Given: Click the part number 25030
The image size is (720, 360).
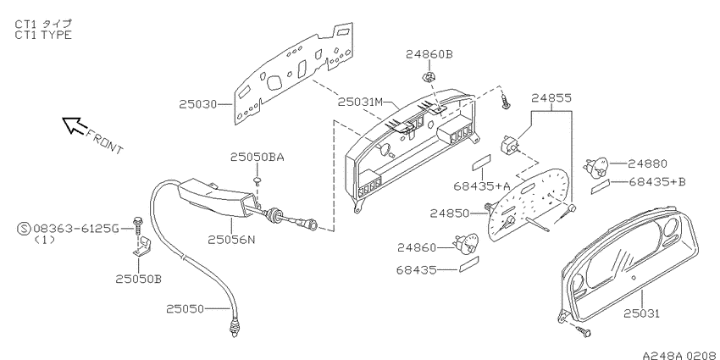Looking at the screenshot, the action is [198, 105].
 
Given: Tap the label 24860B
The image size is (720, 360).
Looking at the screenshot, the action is [429, 55].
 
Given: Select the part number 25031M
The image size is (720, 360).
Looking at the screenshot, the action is [360, 102].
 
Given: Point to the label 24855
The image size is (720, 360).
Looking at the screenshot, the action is [551, 97].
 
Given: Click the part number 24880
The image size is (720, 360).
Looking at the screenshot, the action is [647, 163].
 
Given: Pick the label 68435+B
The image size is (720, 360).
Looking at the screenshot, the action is [656, 182].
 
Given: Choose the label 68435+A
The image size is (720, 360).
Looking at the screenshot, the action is [482, 186].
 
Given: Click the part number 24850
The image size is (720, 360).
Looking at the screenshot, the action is [450, 213].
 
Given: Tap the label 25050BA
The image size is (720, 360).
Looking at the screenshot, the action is [258, 158].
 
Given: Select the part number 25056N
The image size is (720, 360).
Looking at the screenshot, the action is [231, 240].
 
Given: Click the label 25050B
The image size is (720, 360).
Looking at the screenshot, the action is [138, 279].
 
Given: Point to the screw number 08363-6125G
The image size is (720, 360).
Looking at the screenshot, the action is [76, 228].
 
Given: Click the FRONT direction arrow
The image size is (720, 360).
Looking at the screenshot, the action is [75, 125].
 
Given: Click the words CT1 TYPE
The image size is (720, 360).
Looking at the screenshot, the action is [43, 35].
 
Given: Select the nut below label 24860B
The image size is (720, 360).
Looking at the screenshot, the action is [428, 77].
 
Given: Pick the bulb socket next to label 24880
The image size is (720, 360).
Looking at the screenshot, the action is [595, 167].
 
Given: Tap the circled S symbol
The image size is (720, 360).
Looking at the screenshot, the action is [24, 228].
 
